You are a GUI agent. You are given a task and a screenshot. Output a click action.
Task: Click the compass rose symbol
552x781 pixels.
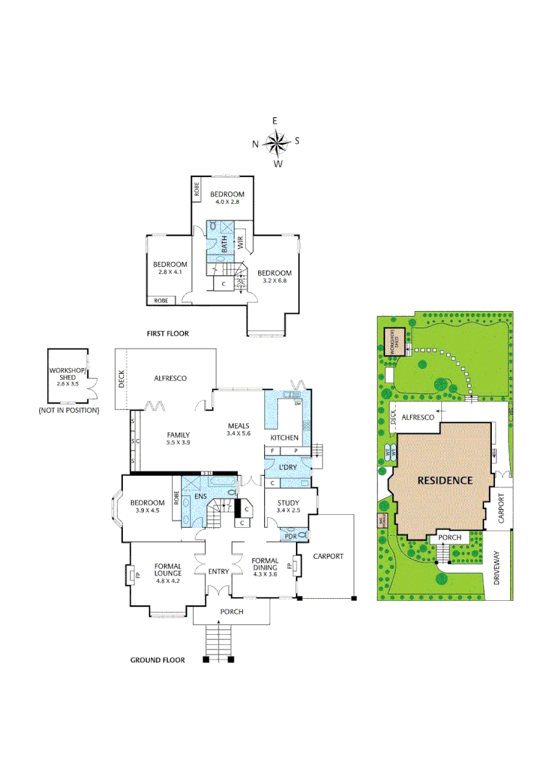point(276,143)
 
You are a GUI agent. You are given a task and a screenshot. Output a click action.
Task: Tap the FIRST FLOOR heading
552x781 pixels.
point(168,333)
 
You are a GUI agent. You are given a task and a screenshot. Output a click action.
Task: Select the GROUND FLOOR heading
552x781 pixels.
point(157,660)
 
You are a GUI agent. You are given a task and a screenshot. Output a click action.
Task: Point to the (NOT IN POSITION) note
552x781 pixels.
point(69,410)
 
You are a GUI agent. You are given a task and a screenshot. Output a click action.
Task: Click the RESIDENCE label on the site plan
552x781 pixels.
point(444,480)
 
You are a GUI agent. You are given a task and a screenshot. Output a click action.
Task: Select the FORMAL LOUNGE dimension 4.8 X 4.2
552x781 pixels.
point(167,580)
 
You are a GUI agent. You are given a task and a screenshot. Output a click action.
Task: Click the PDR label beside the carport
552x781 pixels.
point(290,536)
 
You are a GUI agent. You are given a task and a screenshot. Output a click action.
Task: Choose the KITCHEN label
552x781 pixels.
point(284,438)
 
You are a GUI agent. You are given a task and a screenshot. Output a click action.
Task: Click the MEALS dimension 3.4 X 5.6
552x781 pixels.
point(238,434)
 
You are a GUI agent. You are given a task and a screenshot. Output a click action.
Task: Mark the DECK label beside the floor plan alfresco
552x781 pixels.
point(122,379)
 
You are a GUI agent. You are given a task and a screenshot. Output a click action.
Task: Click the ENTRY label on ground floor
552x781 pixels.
point(218,571)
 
